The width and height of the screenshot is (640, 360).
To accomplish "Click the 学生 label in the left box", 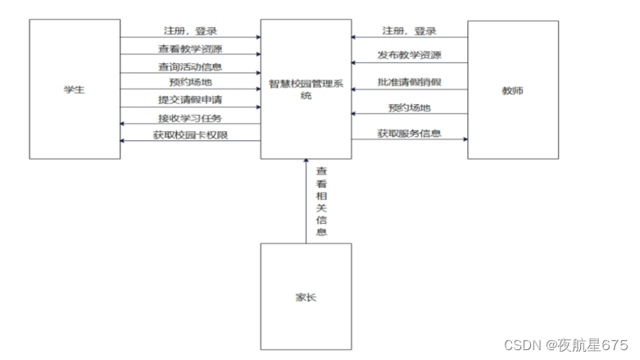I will click(74, 89).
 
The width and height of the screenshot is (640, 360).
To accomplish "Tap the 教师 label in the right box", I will click(512, 90).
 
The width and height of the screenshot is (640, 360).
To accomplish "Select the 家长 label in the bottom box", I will click(306, 297).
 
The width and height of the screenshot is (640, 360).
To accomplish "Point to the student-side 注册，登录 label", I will click(190, 31).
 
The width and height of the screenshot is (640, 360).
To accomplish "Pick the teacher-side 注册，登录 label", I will click(409, 31).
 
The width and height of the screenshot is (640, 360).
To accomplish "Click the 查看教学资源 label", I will click(190, 48).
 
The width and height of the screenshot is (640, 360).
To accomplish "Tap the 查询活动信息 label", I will click(190, 66).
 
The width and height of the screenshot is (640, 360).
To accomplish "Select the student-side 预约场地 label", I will click(190, 83).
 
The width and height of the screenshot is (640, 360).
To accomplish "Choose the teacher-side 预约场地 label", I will click(409, 107).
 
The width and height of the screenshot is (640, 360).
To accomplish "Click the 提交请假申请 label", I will click(190, 100).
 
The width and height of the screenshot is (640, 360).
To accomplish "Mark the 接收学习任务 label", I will click(190, 118).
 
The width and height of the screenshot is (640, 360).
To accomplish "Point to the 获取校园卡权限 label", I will click(190, 134).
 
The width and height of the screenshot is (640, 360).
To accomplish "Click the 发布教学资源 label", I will click(409, 56).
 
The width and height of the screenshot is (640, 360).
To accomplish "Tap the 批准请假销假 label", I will click(409, 82).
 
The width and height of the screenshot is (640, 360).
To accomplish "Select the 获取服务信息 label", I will click(409, 132).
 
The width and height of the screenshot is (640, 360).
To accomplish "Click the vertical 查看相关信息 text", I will click(322, 202).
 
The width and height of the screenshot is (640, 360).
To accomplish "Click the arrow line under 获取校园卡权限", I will click(190, 141).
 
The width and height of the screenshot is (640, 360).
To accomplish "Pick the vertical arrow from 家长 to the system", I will click(306, 205).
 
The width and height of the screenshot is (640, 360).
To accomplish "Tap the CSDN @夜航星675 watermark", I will click(565, 345).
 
